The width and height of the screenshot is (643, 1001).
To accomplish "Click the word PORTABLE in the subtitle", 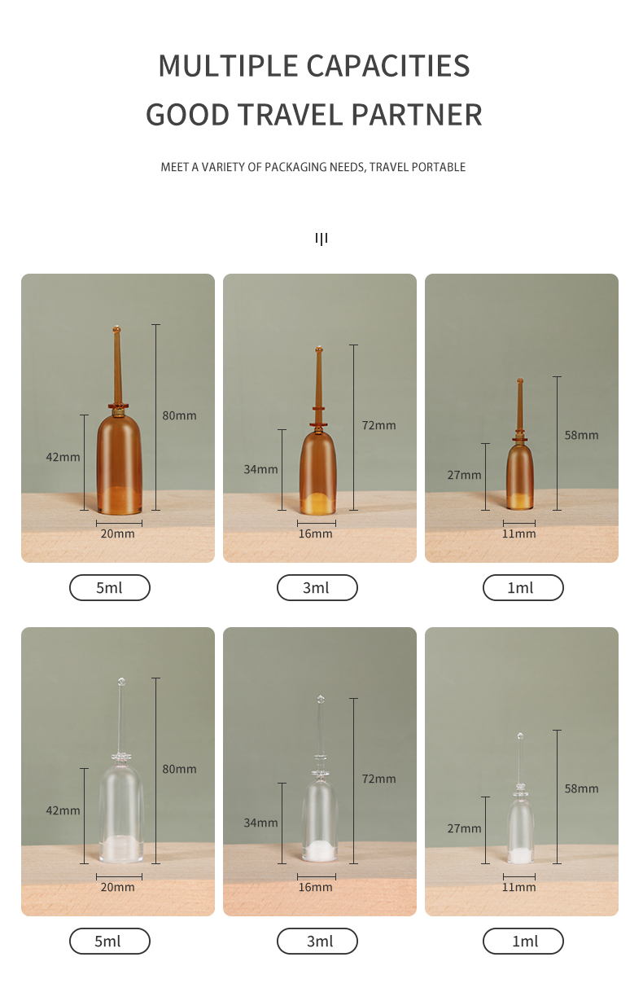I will point(439,167).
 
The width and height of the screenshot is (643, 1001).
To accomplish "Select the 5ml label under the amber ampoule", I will point(109,587).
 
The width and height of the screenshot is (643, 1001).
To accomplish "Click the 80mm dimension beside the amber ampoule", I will point(179,415).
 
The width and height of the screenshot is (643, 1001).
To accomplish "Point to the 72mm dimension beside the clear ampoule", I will point(379,779).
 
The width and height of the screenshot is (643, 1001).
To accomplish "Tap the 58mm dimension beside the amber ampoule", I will point(581,435).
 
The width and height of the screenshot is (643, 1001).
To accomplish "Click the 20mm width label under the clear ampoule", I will point(117,887).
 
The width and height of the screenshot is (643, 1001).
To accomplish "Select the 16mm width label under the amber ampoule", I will point(316,533).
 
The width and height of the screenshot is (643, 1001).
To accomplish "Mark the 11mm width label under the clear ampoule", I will point(518,887).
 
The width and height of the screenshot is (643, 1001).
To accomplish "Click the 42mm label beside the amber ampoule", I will point(63,457).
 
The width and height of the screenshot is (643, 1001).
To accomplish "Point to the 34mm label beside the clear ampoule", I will point(260,823).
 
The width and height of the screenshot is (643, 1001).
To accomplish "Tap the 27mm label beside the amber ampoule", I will point(464,475).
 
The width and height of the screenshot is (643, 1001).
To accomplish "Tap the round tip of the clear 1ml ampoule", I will point(520,736).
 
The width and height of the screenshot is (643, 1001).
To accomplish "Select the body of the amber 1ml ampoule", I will point(519,475).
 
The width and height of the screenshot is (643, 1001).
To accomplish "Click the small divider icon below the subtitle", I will point(321,239).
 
